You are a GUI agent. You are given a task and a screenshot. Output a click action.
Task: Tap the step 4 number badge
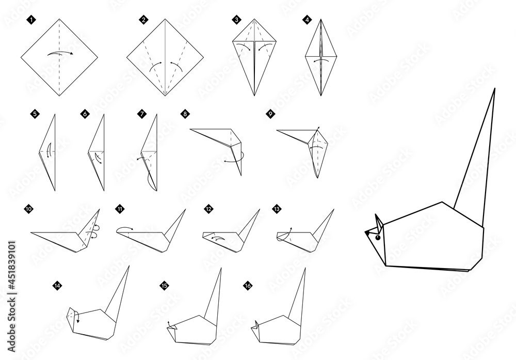pos(308,20)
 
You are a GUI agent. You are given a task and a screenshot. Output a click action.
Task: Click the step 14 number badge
pos(57,285)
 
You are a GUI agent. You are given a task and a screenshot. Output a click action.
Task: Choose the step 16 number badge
pos(248,285)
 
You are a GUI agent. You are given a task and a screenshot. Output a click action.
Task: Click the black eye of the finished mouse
pos(378,238)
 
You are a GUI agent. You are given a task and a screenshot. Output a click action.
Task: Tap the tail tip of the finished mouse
pos(494,89)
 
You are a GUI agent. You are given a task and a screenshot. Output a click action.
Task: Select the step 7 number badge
pos(141,115)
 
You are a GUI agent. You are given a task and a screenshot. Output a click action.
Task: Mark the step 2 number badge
pos(143,20)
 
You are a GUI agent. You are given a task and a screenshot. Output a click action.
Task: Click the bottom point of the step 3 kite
pos(254,96)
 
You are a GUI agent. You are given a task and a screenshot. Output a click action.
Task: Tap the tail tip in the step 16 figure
pos(304,268)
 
